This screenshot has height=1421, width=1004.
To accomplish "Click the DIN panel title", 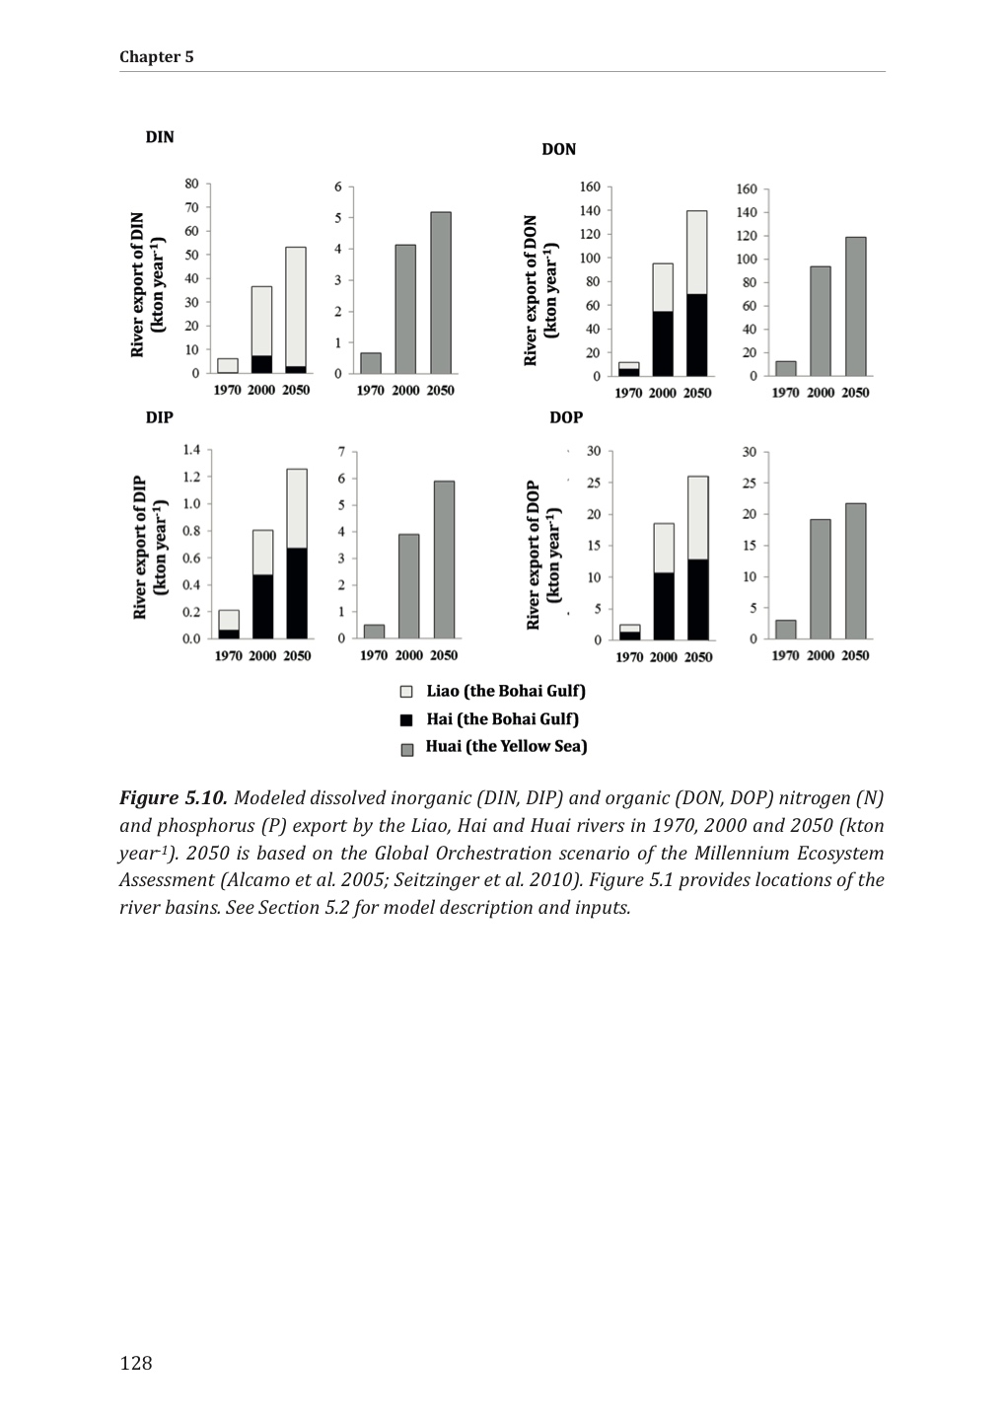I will point(160,137).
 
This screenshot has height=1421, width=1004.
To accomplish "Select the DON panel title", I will point(558,149).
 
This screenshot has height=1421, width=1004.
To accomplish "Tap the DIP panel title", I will point(160,417).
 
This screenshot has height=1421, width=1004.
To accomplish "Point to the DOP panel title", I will point(566,417).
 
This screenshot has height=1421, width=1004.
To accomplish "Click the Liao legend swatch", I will point(406,692).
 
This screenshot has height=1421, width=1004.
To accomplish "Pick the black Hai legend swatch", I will point(406,719).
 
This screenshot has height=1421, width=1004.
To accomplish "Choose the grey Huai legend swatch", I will point(406,748).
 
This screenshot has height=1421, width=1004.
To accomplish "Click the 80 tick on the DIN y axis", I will point(191,184).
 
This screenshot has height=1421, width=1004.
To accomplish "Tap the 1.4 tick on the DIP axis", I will point(190,450).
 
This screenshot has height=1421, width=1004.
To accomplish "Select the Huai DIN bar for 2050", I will point(441,292).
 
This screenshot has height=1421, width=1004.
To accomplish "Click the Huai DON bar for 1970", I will point(785,368).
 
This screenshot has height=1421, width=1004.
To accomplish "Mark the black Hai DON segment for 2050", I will point(697,335).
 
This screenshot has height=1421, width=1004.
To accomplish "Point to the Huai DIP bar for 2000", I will point(409,586).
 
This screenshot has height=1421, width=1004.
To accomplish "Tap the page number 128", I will point(136,1363).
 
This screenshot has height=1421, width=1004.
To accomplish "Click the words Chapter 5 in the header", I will point(157,56).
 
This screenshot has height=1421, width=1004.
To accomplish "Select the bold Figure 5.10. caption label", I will point(174,797).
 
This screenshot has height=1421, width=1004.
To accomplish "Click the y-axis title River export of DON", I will point(532,290).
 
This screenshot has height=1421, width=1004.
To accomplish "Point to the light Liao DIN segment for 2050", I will point(296,306).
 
